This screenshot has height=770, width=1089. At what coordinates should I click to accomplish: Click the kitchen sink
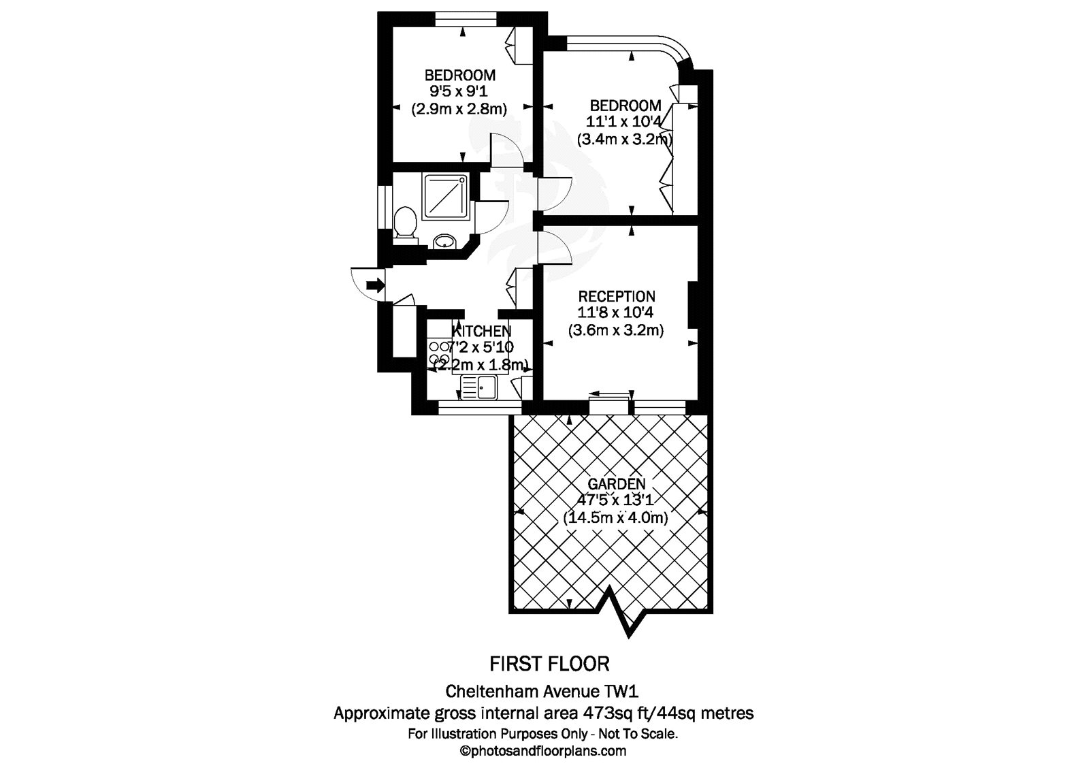coord(479,388)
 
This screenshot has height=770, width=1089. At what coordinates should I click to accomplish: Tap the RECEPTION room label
coord(617,297)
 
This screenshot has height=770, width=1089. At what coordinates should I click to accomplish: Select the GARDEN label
coord(617,484)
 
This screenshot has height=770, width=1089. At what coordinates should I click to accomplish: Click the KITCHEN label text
coord(482,332)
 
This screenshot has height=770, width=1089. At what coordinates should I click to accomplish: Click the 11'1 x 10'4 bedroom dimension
coord(624,123)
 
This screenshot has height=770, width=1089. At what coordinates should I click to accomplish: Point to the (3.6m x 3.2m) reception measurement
coord(616,330)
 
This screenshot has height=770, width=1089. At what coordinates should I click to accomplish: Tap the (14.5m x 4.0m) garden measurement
coord(616,517)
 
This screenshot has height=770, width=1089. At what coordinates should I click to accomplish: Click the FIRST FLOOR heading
coord(550,662)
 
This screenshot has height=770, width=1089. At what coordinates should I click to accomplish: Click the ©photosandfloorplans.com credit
coord(544,752)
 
